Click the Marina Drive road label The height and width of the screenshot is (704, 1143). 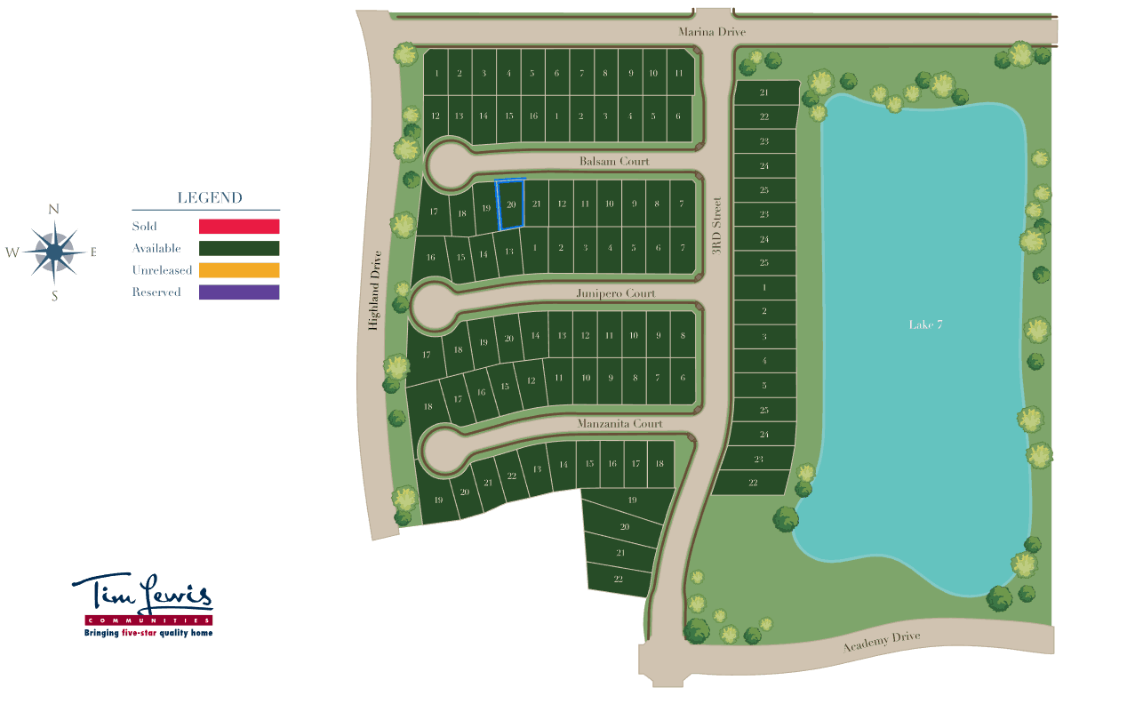point(712,32)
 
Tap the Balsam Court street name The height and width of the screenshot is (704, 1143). point(614,162)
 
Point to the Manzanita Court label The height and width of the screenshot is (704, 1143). point(619,424)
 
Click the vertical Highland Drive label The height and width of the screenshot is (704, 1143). point(375,290)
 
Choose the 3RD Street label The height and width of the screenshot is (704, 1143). point(717,226)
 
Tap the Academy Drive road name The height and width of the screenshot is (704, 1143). point(881,642)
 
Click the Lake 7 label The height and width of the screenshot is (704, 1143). point(925,324)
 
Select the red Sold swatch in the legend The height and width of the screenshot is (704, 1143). point(239,227)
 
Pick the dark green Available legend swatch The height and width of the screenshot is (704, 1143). point(239,249)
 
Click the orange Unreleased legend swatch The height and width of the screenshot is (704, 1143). point(239,270)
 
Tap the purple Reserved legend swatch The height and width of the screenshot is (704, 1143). point(239,292)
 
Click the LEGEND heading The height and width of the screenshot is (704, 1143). point(210,198)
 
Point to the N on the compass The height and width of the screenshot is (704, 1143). point(54,210)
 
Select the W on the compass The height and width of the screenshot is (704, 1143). point(12,252)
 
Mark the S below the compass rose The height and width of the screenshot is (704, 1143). point(54,296)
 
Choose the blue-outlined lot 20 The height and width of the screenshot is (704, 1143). point(510,204)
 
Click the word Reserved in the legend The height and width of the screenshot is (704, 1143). point(156,292)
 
